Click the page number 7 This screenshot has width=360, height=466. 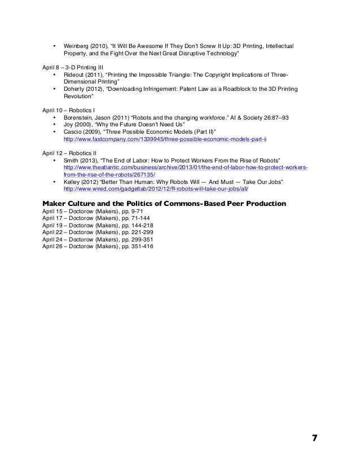pos(314,438)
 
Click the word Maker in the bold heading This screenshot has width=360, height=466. pos(56,203)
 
